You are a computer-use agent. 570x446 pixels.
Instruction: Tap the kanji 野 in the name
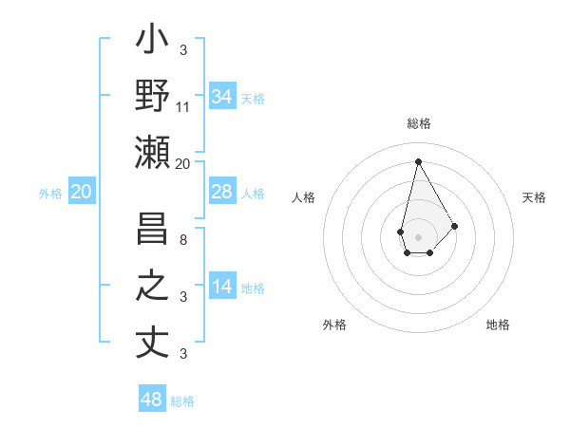coord(152,97)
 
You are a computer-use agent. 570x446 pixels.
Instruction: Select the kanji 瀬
coord(152,152)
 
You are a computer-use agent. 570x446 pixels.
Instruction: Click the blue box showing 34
coord(222,97)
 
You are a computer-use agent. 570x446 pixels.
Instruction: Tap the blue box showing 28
coord(222,192)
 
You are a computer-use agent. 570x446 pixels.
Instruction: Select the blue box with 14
coord(222,287)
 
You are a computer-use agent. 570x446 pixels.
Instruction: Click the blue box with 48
coord(152,400)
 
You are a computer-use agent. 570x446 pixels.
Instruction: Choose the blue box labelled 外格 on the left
coord(81,192)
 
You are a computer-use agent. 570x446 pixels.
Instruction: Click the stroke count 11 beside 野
coord(183,107)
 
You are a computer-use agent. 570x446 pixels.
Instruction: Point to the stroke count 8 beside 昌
coord(183,239)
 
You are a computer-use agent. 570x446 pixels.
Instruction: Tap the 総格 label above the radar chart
coord(418,124)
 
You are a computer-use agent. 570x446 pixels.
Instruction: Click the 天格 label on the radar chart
coord(534,197)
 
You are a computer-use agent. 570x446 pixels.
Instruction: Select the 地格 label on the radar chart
coord(498,325)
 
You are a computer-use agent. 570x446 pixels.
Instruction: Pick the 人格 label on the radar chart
coord(303,197)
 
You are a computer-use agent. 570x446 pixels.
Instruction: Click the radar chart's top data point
coord(418,160)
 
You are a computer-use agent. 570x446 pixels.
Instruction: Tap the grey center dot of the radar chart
coord(418,235)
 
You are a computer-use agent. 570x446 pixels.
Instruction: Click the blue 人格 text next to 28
coord(253,193)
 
